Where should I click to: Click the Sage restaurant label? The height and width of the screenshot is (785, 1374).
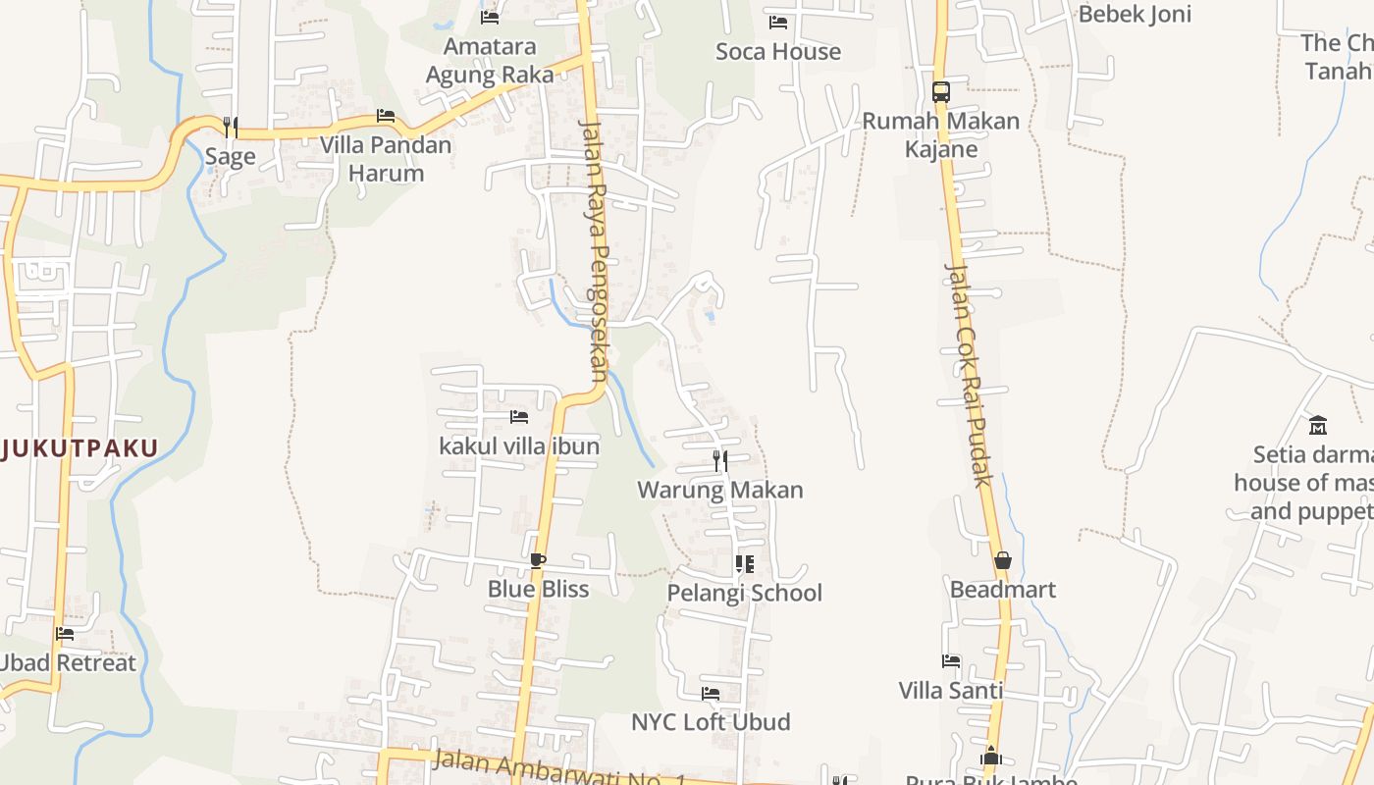pos(230,156)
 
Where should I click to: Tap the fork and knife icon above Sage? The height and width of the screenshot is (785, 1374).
pos(230,127)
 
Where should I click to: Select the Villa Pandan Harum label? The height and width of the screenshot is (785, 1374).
pos(386,159)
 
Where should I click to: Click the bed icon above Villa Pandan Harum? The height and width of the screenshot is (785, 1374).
pos(386,116)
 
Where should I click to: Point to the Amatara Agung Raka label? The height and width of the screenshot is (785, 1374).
pos(490,60)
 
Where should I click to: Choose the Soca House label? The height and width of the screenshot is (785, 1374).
pos(778,51)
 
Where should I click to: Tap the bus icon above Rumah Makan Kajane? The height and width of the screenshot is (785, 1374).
pos(941,92)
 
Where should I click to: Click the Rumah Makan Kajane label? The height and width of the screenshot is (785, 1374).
pos(941,134)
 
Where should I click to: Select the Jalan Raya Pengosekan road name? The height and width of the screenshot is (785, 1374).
pos(595,250)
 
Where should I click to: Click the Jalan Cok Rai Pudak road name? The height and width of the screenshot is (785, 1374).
pos(969,374)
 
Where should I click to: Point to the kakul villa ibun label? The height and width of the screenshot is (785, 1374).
pos(519,446)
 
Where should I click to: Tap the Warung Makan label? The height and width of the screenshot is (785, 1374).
pos(720,490)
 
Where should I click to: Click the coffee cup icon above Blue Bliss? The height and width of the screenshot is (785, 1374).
pos(537,560)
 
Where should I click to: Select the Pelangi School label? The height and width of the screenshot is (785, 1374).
pos(745,593)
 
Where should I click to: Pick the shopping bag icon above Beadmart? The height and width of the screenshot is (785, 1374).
pos(1003,560)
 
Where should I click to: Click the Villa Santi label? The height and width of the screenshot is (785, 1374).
pos(951,690)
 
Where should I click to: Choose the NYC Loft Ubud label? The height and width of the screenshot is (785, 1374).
pos(711,722)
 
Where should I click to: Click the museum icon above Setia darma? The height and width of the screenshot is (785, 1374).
pos(1318,425)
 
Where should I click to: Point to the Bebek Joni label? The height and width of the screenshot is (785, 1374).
pos(1135,14)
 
